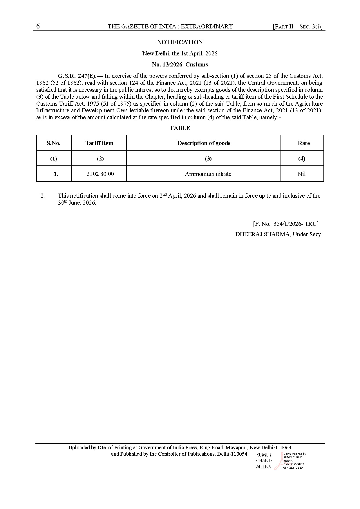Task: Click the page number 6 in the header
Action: [38, 26]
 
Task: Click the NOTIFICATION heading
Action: [180, 42]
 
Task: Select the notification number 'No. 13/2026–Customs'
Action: [180, 64]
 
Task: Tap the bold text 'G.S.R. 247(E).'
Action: [77, 76]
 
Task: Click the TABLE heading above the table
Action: [180, 128]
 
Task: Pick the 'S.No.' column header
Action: [54, 143]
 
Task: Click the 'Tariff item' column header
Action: [100, 143]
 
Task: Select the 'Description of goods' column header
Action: [204, 143]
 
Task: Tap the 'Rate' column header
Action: [304, 143]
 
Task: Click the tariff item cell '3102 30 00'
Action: [100, 174]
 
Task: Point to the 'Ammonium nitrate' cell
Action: [208, 174]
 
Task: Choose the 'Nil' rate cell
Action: [301, 174]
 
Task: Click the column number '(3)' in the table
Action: [208, 158]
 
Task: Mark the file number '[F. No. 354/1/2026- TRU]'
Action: [286, 224]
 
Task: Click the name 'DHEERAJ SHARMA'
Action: [263, 234]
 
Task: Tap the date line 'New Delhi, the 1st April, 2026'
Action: [180, 53]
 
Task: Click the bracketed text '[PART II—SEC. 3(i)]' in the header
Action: [298, 26]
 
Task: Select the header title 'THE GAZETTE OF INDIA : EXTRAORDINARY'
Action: [170, 26]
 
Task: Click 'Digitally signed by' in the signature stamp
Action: [294, 454]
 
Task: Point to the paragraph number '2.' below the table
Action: [43, 196]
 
